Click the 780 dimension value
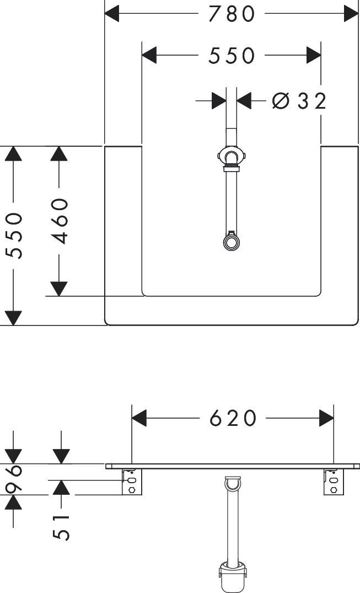point(232,14)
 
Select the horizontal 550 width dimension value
point(232,56)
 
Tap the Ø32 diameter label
point(299,101)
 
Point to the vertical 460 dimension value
point(60,221)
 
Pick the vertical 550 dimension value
point(15,235)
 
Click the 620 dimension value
point(233,418)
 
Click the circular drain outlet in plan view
point(230,242)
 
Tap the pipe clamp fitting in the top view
point(232,156)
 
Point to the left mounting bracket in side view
point(132,482)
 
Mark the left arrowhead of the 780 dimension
point(111,14)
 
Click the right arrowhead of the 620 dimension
point(326,418)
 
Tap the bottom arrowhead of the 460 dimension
point(59,289)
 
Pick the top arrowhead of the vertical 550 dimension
point(14,153)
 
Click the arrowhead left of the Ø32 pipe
point(219,101)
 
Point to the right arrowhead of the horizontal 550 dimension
point(314,56)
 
